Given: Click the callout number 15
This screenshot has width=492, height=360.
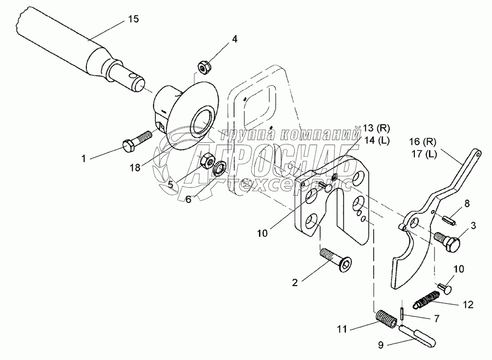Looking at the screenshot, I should point(133,19).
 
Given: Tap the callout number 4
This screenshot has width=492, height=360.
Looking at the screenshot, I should point(235,39).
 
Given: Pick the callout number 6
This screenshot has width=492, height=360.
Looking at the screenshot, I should point(188,199).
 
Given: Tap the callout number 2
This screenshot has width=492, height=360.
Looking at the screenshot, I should point(295,282).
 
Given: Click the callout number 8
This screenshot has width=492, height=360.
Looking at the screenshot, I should point(466,203).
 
